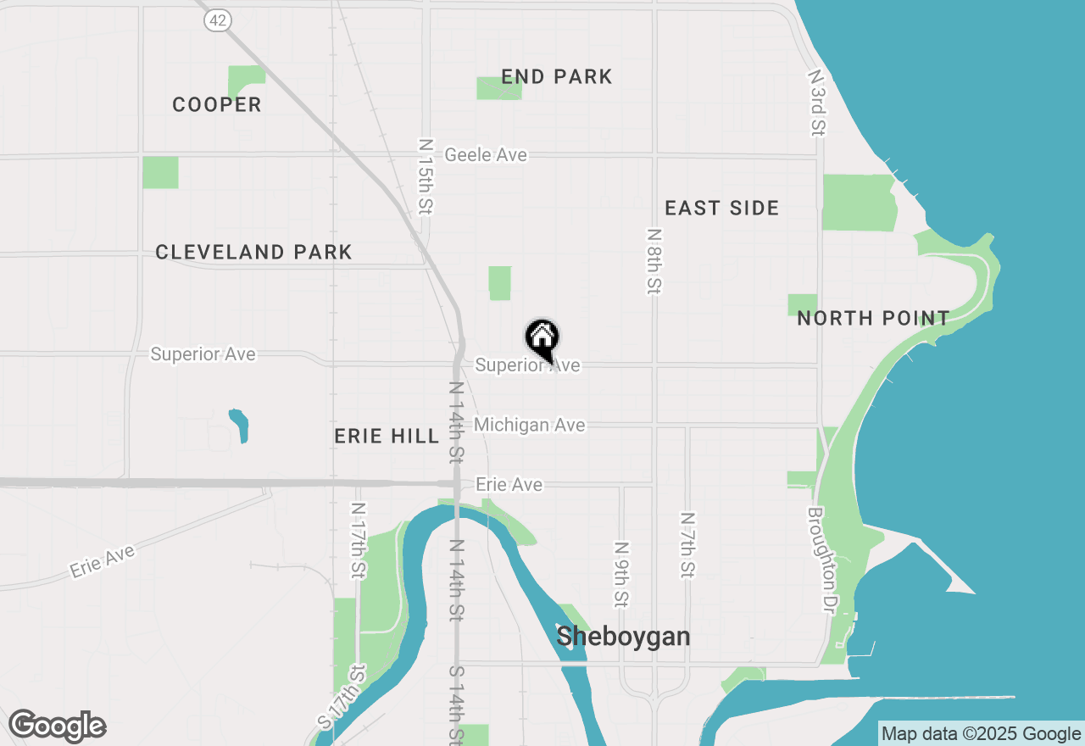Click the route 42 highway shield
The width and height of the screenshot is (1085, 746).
pos(218,21)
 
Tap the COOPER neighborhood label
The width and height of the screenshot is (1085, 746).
pos(217,105)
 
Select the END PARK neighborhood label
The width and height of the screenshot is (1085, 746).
pos(556,77)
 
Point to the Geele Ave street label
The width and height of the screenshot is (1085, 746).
pos(486,155)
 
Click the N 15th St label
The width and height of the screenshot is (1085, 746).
pos(426,176)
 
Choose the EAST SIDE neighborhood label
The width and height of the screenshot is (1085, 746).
pos(721,209)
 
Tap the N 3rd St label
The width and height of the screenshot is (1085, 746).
pos(816,103)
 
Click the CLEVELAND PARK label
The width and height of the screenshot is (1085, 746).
pos(253,253)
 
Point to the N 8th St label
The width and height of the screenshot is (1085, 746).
pos(653,260)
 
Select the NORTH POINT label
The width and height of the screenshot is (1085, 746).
pos(873,319)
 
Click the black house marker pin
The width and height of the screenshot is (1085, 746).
pos(542,339)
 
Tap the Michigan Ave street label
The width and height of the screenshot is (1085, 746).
pos(530,425)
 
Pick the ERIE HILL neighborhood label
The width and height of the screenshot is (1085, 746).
pos(387,437)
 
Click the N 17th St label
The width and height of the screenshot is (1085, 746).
pos(359,540)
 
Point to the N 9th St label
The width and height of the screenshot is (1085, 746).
pos(622,575)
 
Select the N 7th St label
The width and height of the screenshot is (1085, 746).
pos(687,544)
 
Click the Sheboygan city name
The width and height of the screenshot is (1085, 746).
pos(623,637)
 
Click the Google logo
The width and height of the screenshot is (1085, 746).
pos(57,727)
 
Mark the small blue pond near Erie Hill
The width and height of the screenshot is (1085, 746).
pos(240,426)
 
